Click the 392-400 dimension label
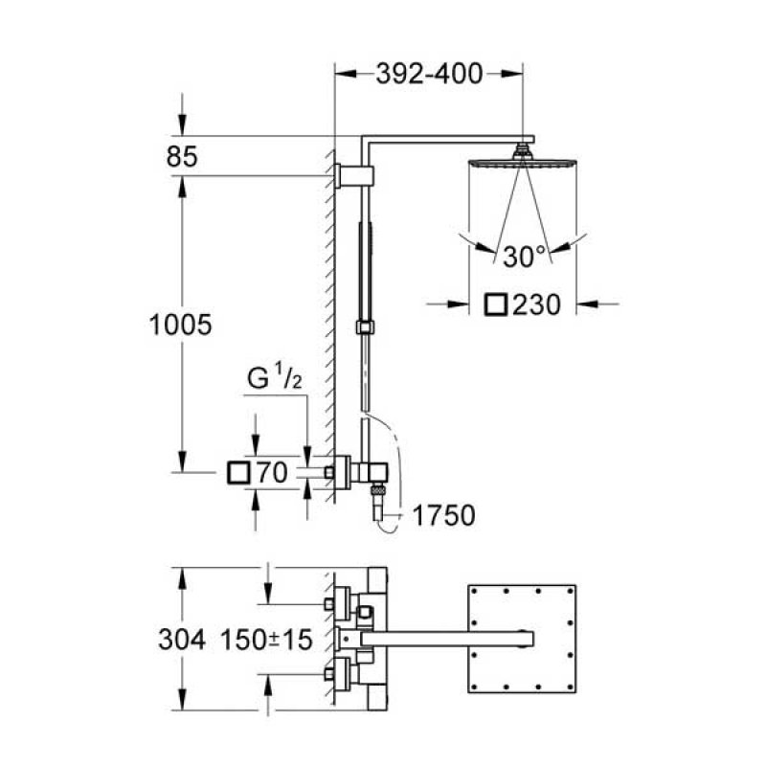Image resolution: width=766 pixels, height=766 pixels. [x=429, y=75]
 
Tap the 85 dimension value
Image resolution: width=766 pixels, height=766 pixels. [x=182, y=157]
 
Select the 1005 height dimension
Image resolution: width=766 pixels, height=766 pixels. [x=180, y=325]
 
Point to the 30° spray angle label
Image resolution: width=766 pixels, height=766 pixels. [x=524, y=257]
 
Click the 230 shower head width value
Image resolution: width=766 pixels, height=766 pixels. [x=536, y=304]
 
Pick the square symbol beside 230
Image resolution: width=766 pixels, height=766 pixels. [x=496, y=304]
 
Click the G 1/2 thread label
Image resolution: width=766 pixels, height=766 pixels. [x=274, y=377]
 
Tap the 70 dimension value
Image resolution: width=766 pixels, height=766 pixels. [x=272, y=473]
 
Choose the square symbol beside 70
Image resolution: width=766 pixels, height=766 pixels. [x=238, y=473]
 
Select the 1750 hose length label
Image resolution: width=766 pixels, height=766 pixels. [x=443, y=515]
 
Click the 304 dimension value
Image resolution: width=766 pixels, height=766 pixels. [x=182, y=640]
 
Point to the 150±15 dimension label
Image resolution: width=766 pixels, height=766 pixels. [x=266, y=640]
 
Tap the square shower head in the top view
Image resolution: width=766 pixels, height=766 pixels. [x=522, y=639]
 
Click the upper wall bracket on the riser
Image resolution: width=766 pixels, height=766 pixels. [x=354, y=176]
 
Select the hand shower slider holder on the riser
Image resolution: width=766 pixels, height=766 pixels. [x=365, y=327]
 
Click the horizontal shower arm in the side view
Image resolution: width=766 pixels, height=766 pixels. [x=447, y=140]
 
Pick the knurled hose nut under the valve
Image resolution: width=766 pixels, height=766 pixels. [x=377, y=489]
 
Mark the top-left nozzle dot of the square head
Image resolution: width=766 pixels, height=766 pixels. [x=474, y=591]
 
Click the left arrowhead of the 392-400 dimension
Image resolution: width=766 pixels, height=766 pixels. [x=345, y=74]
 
